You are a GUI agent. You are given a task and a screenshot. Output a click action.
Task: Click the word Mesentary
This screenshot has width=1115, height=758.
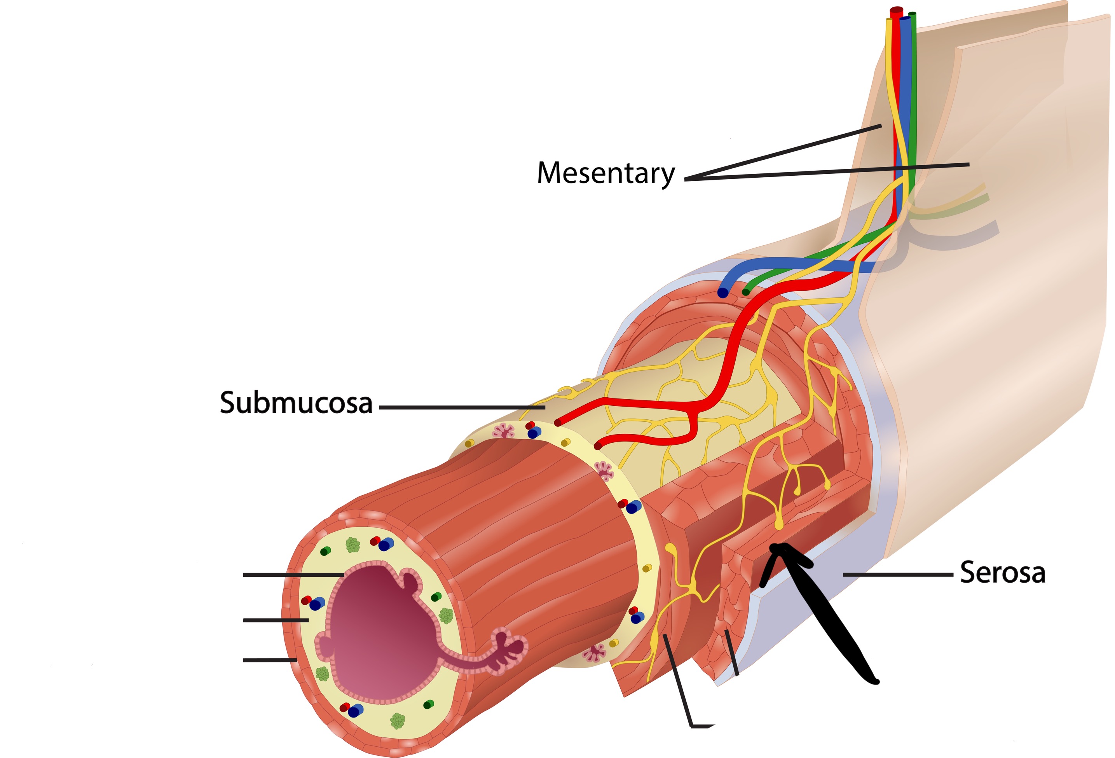point(605,173)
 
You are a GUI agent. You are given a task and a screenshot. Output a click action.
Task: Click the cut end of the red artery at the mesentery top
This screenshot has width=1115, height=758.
point(896,11)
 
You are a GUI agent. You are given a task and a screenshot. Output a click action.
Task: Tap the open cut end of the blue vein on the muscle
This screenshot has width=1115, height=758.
point(722,293)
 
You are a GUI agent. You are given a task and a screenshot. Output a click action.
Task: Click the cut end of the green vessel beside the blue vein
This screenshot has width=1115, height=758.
point(745,292)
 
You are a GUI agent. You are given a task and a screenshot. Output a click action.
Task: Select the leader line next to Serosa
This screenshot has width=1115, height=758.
point(897,574)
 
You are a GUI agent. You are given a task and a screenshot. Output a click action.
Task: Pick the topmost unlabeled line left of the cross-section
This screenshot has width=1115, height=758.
point(293,574)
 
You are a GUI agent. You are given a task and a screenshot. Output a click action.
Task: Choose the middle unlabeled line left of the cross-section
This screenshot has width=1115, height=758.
point(276,620)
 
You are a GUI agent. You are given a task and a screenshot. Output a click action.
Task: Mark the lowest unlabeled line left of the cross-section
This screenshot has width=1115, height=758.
point(269,660)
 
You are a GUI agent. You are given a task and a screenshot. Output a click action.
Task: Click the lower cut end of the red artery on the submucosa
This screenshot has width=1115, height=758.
point(598,446)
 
